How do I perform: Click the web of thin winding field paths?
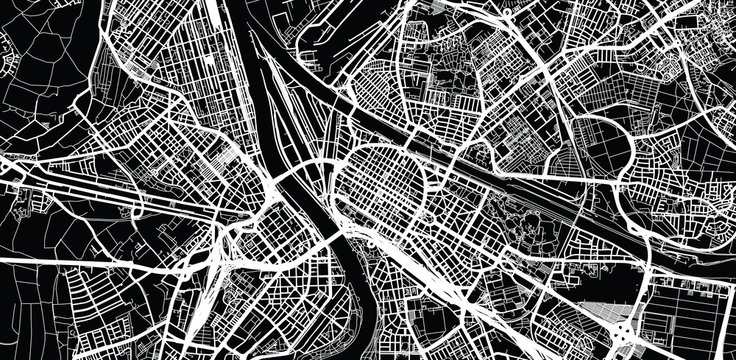point(40,90)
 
